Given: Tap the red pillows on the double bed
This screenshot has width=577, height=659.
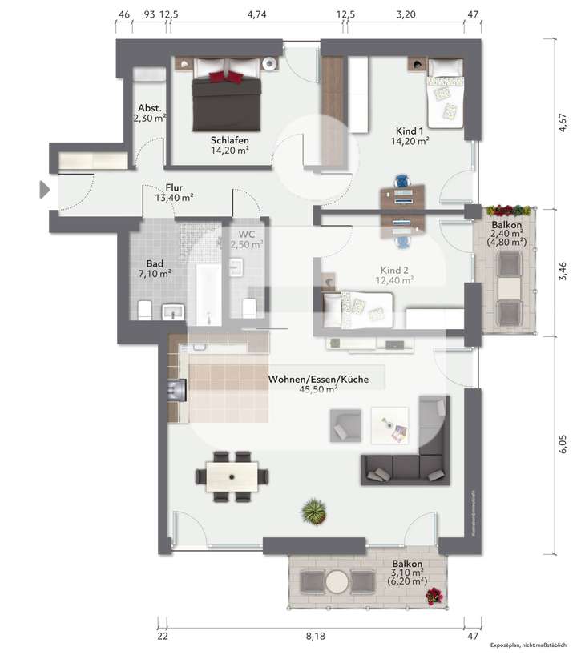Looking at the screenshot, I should tap(226, 76).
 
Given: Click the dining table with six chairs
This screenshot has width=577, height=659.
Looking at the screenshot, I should tap(232, 476).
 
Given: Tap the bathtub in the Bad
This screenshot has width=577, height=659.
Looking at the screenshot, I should tap(208, 294).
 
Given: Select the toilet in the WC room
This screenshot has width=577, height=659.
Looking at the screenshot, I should tap(248, 306).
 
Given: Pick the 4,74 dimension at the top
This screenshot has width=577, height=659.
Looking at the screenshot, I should tap(256, 14).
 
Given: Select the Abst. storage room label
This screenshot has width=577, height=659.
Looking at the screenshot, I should tap(150, 107).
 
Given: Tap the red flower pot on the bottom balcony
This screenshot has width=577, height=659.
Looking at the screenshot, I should tap(434, 595).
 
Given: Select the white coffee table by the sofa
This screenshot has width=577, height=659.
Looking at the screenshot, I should tap(389, 424).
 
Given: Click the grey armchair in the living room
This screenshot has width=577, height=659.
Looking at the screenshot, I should tap(345, 425).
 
